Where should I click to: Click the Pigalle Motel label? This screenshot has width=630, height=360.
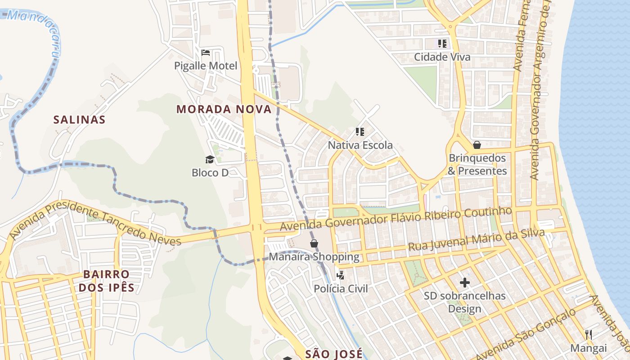pyautogui.click(x=206, y=66)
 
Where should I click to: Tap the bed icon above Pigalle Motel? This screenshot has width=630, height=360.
pyautogui.click(x=206, y=53)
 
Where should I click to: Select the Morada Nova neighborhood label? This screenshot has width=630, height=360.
pyautogui.click(x=224, y=109)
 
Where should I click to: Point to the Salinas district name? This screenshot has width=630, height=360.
pyautogui.click(x=79, y=120)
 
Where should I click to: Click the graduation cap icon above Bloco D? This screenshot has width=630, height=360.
pyautogui.click(x=210, y=159)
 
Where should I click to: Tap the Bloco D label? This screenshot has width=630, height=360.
pyautogui.click(x=210, y=172)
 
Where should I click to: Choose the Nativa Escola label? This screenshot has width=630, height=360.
pyautogui.click(x=360, y=145)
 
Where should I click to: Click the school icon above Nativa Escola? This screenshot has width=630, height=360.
pyautogui.click(x=360, y=132)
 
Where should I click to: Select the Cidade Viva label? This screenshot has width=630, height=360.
pyautogui.click(x=442, y=57)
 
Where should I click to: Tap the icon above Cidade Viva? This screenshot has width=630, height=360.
pyautogui.click(x=442, y=44)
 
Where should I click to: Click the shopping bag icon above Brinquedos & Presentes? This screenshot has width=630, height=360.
pyautogui.click(x=477, y=145)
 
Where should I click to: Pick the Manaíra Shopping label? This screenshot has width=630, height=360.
pyautogui.click(x=314, y=257)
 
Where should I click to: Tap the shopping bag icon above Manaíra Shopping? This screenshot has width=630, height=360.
pyautogui.click(x=314, y=243)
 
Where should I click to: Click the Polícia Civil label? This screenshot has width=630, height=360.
pyautogui.click(x=341, y=288)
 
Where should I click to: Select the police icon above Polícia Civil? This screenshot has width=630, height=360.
pyautogui.click(x=341, y=275)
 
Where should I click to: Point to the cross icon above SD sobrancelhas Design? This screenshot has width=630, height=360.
pyautogui.click(x=465, y=283)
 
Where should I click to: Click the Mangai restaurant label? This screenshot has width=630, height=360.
pyautogui.click(x=589, y=348)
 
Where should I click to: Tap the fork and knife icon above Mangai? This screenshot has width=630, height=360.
pyautogui.click(x=589, y=334)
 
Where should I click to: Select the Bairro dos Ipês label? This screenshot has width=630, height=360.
pyautogui.click(x=106, y=281)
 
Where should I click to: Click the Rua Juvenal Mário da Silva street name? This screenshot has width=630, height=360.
pyautogui.click(x=476, y=240)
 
